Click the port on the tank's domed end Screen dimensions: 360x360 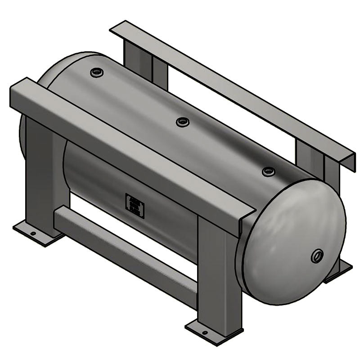click(317, 256)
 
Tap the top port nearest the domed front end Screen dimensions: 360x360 click(269, 171)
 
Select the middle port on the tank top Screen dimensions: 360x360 click(182, 121)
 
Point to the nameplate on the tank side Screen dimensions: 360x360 click(135, 206)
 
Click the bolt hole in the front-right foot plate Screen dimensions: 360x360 click(205, 333)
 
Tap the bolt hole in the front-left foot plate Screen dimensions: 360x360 click(32, 234)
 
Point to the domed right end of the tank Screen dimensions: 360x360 click(292, 243)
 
